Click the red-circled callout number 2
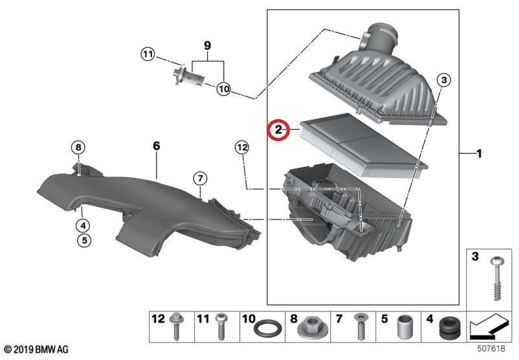click(x=278, y=129)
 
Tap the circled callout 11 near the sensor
click(x=148, y=54)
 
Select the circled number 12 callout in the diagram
click(x=242, y=147)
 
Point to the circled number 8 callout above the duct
click(x=78, y=147)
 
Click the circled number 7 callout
click(x=200, y=179)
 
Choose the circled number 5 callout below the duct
click(x=84, y=240)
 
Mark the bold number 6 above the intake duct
click(x=157, y=146)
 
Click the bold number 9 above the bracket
click(x=207, y=45)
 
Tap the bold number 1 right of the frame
click(x=479, y=153)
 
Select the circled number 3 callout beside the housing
click(x=444, y=80)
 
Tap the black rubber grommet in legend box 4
click(x=450, y=328)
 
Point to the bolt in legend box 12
click(x=176, y=327)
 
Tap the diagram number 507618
click(x=491, y=348)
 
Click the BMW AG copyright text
click(x=36, y=350)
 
